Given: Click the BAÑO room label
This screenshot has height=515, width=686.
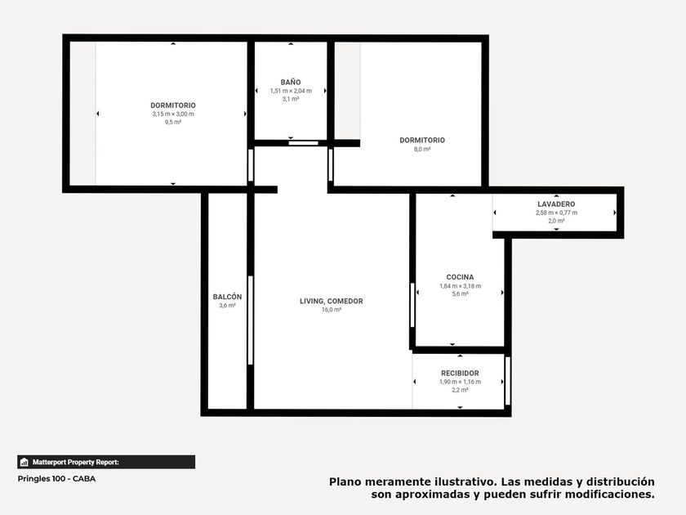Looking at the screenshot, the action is pos(291,82).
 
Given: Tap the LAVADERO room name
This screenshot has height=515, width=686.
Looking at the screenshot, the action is pos(556,204).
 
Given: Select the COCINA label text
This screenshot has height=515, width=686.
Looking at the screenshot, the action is pos(460,277).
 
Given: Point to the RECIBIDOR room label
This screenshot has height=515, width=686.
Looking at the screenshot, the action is pos(460,373).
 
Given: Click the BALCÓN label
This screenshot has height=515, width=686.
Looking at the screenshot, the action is pos(227,297).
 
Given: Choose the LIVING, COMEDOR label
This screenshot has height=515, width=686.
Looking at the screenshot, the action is pos(332,301).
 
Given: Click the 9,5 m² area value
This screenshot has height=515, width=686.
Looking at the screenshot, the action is pos(173,122).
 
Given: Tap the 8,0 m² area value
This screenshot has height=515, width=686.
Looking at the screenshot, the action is pos(421,149).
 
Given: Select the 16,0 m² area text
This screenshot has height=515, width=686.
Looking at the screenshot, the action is pos(332,310).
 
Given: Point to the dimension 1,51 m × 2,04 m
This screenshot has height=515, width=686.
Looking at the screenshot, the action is pos(291,91).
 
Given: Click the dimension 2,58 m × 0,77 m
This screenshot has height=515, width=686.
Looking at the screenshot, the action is pos(556,213).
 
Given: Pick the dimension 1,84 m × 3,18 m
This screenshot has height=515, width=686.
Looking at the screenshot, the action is pos(460,286).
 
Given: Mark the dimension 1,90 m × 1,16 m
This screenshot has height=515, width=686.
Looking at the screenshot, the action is pos(460,382).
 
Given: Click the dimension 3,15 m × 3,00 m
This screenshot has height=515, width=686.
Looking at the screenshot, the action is pos(173,114).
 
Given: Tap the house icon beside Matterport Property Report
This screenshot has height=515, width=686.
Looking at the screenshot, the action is pos(24,462).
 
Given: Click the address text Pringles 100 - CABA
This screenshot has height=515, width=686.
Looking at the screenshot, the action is pos(56,479).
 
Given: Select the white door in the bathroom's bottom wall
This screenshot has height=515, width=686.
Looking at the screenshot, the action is pos(303,143).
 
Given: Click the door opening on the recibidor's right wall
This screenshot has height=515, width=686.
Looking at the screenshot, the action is pos(507,381).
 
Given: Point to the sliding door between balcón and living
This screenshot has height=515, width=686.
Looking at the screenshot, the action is pos(250,320).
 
